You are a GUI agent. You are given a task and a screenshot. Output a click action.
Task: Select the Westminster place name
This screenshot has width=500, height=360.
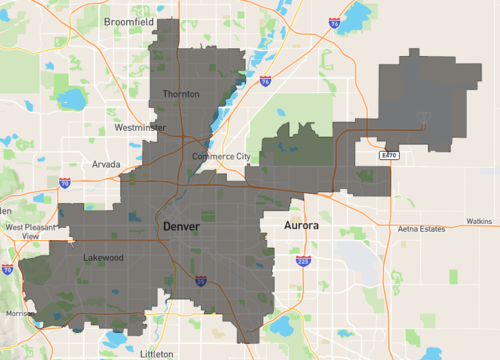pos(140,128)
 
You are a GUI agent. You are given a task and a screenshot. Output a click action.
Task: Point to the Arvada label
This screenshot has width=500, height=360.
pos(106,163)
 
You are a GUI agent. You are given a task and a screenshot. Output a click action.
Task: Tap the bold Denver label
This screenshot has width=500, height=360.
pos(181,227)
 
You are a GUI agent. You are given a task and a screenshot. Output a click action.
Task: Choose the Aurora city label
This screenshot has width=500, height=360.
pos(301,226)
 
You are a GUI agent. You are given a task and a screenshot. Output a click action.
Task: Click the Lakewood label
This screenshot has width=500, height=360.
pos(105,257)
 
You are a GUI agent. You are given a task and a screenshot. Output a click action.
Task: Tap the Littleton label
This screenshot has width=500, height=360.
pos(157,353)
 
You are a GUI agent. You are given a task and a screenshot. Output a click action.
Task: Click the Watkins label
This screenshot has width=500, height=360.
pos(479,221)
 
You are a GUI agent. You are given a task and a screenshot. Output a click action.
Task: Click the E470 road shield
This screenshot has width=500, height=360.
pos(389,156)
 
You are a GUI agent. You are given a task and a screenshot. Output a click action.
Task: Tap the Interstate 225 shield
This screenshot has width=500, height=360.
pos(303,260)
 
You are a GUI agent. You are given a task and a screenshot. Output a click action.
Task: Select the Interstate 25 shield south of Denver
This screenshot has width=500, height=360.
pos(200,281)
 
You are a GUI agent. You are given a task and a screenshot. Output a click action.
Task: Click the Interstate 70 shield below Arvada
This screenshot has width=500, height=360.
pos(64,183)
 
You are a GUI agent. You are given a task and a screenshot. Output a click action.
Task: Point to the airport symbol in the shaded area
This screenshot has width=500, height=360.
pos(422,127)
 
